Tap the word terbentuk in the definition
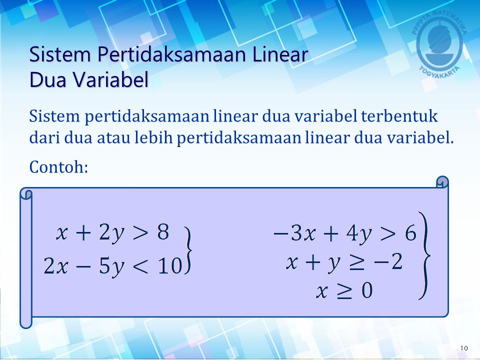[x=399, y=116]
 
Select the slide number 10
[x=464, y=348]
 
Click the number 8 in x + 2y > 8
[x=163, y=231]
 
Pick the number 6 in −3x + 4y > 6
[x=410, y=233]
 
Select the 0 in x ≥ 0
[x=366, y=290]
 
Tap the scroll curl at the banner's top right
[x=442, y=181]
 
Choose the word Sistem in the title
[x=60, y=55]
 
